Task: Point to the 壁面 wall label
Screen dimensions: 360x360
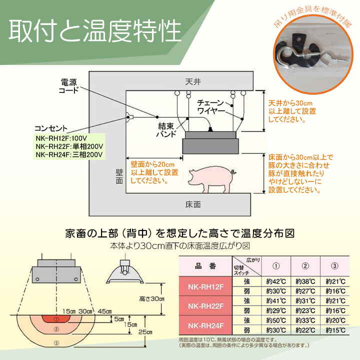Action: click(118, 176)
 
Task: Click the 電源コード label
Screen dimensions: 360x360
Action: click(69, 86)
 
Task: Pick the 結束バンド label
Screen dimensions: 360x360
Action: click(166, 131)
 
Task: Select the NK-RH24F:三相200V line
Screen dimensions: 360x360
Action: click(69, 154)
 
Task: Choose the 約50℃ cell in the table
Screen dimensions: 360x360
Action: click(275, 319)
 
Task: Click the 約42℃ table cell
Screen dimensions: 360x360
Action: click(275, 280)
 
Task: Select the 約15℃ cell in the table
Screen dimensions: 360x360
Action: click(334, 329)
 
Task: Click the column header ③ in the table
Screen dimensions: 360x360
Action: click(334, 265)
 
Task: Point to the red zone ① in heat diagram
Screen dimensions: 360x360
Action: click(56, 318)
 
